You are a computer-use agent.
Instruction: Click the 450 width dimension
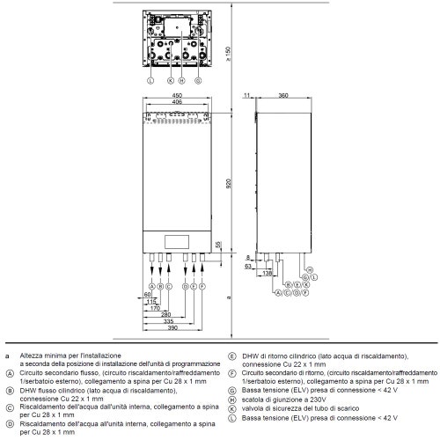[177, 96]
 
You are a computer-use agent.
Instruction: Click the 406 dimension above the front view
[177, 103]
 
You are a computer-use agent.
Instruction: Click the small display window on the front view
[177, 239]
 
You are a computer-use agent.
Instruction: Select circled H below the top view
[180, 80]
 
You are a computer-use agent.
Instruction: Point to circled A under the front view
[151, 286]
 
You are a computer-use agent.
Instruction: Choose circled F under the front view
[202, 286]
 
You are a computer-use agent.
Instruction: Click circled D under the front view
[185, 286]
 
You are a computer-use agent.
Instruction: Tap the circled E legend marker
[231, 356]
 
